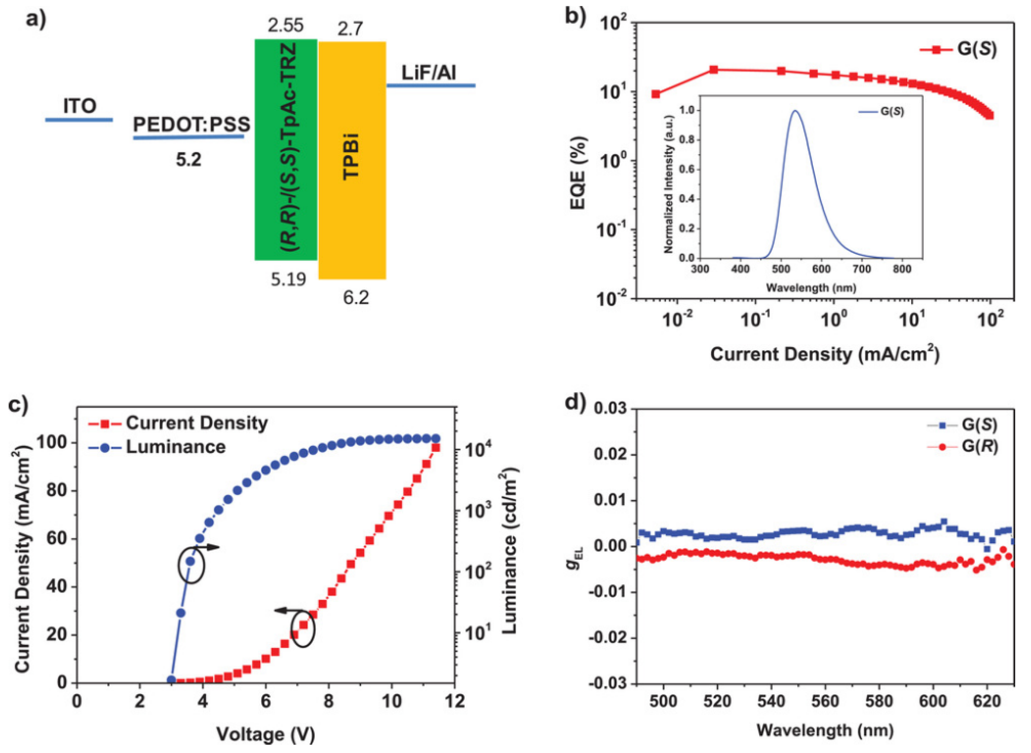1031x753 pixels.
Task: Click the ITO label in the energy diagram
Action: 80,106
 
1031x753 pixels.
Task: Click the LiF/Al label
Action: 429,73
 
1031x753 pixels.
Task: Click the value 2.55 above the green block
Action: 285,26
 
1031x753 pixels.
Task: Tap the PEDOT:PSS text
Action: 191,124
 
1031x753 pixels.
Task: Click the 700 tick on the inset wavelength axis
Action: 862,269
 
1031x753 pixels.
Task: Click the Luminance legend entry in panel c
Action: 175,447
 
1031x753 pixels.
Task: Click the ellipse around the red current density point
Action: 303,629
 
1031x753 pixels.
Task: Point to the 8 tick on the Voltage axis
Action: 329,701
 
